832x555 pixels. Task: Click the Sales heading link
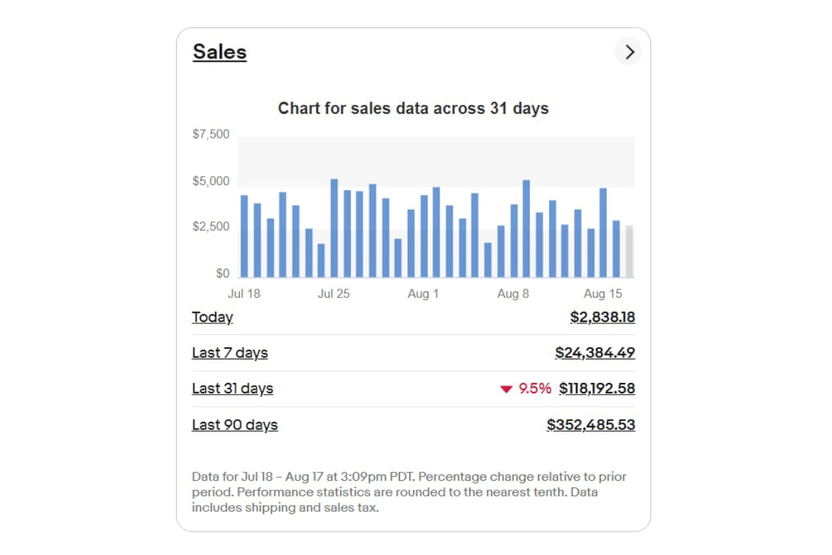220,52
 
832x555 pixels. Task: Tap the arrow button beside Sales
628,52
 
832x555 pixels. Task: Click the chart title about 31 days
413,108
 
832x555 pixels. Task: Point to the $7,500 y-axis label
211,134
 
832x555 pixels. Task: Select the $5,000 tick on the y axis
211,181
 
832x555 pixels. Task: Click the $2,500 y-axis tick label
211,227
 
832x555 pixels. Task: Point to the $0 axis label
222,273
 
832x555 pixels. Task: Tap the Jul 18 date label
244,293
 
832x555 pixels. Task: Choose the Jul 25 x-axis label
333,293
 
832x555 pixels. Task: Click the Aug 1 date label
423,293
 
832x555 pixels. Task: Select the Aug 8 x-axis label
513,293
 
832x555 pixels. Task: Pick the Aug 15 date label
603,293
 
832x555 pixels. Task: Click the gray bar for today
630,251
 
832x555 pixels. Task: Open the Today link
212,317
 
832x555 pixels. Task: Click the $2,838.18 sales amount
603,317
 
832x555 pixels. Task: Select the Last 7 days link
229,353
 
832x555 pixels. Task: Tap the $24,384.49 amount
595,353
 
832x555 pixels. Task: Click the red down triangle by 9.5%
506,389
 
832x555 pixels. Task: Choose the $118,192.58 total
597,388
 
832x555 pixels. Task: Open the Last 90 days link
234,425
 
